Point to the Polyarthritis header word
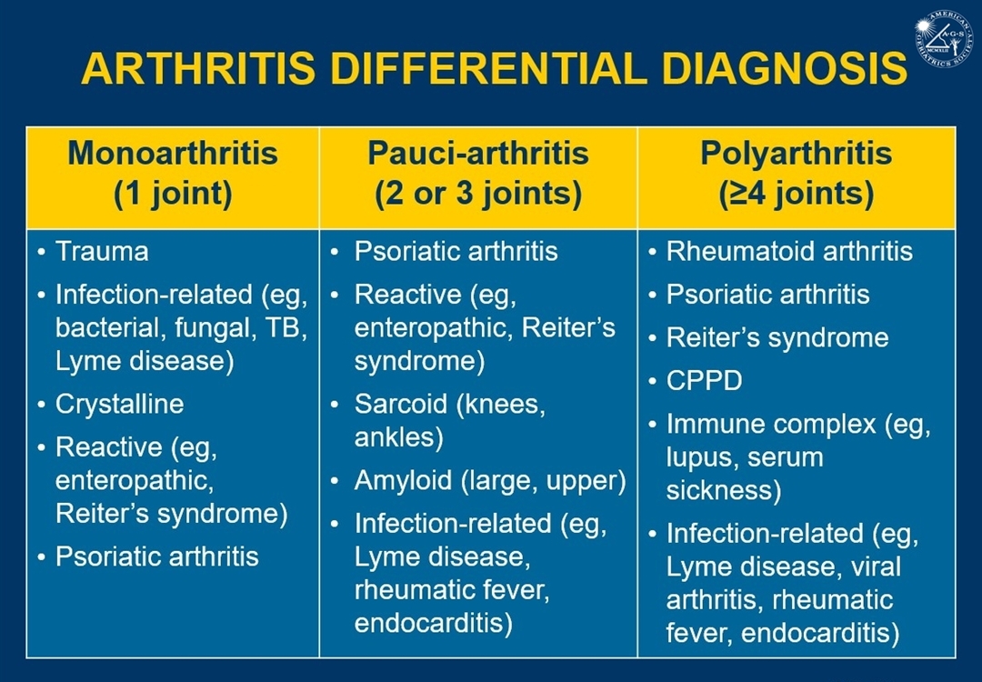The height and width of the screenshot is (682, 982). [796, 154]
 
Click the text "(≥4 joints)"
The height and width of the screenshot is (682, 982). [796, 194]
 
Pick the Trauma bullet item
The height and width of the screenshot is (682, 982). [102, 252]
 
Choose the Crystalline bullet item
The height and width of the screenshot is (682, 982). [120, 405]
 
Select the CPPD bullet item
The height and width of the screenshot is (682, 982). [704, 381]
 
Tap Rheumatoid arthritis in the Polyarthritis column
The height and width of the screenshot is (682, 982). [789, 252]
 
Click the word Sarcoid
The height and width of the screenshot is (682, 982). [400, 404]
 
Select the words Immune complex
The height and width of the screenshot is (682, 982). [771, 426]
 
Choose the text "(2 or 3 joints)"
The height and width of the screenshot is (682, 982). [478, 194]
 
